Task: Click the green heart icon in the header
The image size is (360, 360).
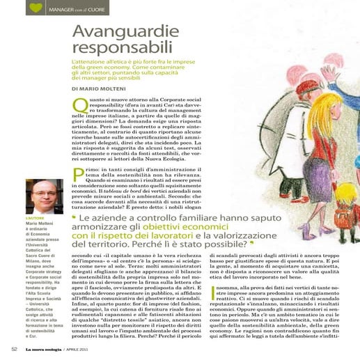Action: [36, 9]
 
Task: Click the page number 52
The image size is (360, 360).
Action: [13, 348]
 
